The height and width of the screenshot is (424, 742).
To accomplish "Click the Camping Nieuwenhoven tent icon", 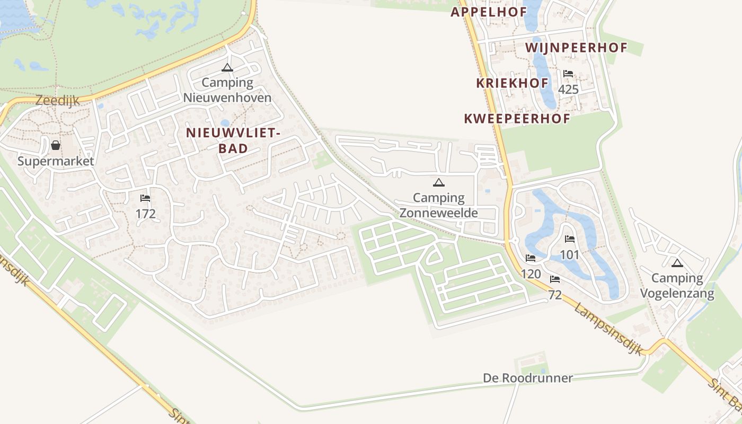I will pos(227,67).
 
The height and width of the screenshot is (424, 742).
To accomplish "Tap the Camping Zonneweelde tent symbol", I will pos(438,183).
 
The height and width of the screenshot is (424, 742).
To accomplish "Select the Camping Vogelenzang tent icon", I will pos(677,263).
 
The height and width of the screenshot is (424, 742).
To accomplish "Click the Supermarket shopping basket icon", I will pos(56,145).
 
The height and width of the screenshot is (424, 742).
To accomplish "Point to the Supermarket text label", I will pos(56,161).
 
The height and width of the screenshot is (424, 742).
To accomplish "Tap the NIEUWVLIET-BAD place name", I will pos(233,141).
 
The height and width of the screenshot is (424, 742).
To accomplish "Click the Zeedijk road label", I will pos(57,100).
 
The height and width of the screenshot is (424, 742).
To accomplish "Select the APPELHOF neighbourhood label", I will pos(489,12).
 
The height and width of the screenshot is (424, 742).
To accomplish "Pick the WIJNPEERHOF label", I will pos(576,48).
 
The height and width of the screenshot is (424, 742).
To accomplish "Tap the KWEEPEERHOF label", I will pos(517,119).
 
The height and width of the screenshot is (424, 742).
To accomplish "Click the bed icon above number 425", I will pos(568,74).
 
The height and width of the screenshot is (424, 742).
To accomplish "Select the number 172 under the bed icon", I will pos(145,214).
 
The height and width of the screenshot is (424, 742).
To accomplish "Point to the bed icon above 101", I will pos(570,239).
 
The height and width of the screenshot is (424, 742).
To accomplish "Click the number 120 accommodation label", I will pos(531,273).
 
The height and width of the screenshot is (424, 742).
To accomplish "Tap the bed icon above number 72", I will pos(555,279).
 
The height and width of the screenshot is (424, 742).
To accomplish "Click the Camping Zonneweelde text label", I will pos(438,206).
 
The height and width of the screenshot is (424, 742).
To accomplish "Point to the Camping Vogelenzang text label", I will pos(677,286).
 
